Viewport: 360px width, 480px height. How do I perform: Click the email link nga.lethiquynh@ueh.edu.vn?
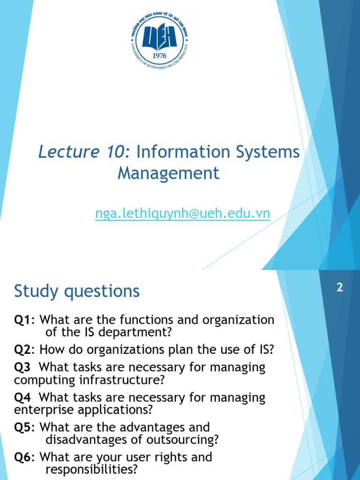182,213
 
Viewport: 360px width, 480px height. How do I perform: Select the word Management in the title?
168,173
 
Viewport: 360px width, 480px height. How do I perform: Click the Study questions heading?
77,292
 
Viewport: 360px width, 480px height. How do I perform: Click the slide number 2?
340,288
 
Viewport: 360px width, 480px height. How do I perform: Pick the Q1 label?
24,320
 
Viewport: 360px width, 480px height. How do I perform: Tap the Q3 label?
22,367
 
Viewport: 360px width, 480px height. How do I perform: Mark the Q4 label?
22,397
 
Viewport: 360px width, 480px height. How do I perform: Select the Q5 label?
24,427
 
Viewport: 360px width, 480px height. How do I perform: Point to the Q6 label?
24,457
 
